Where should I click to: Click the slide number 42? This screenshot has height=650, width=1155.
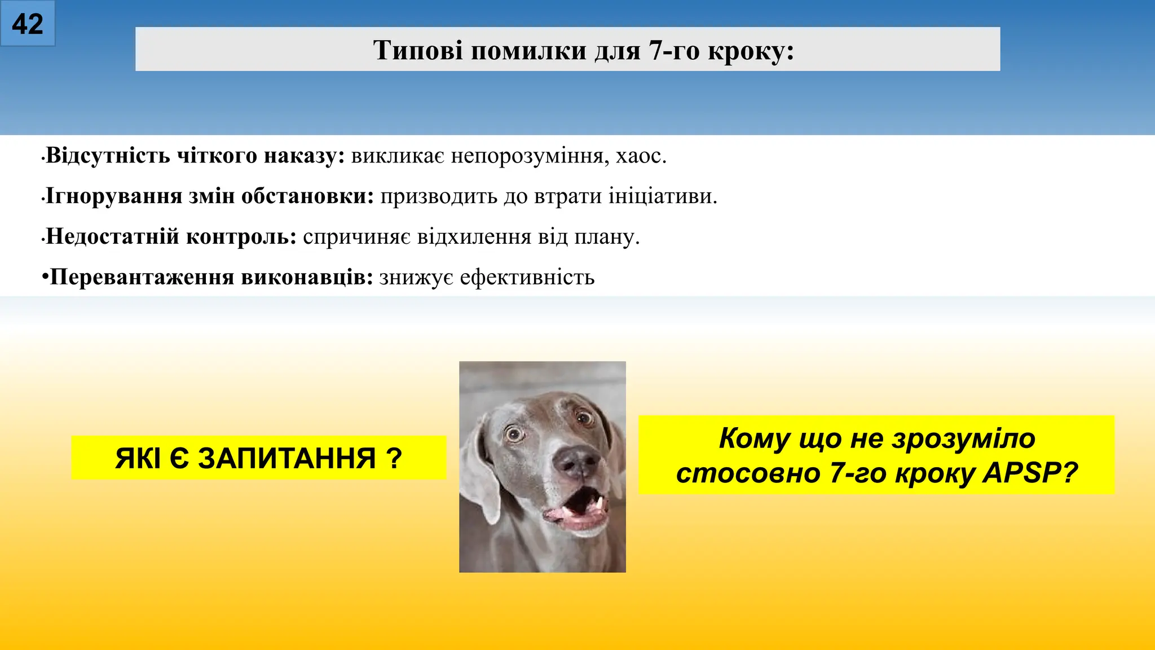click(x=27, y=24)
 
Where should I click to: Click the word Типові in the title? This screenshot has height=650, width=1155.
click(x=418, y=50)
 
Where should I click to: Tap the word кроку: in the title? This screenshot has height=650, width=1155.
click(x=751, y=50)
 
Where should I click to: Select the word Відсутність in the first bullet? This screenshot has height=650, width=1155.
click(x=108, y=155)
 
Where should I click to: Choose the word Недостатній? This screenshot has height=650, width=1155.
click(x=112, y=236)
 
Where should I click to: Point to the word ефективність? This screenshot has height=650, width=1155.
click(x=527, y=277)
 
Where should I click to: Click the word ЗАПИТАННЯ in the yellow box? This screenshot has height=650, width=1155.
click(x=286, y=458)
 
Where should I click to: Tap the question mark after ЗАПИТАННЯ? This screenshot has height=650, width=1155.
click(x=394, y=458)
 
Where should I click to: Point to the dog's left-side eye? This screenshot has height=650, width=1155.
click(x=514, y=433)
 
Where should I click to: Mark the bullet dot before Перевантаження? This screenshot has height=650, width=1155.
click(x=45, y=278)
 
